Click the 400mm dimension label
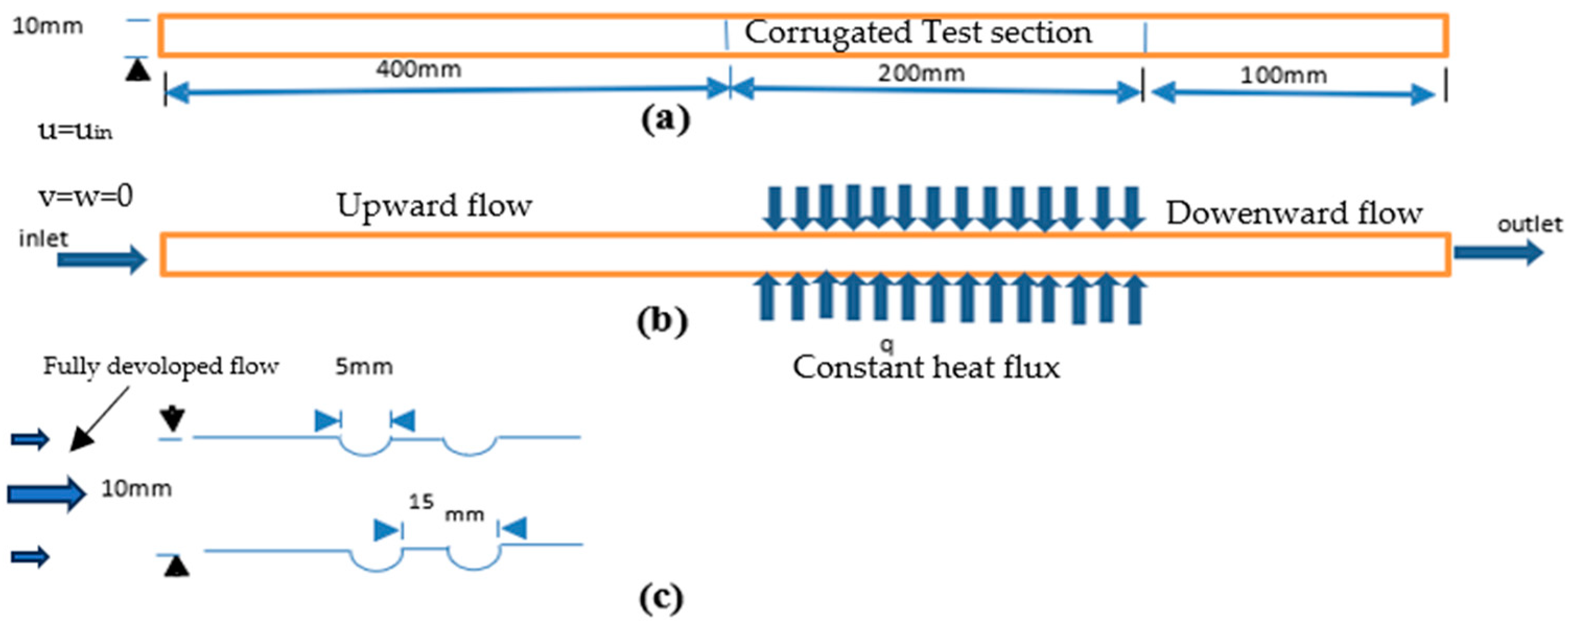tap(418, 69)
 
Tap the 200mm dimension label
tap(921, 73)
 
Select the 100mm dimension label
tap(1284, 75)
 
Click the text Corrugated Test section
tap(918, 33)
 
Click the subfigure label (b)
tap(662, 321)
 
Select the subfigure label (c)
tap(661, 598)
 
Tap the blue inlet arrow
tap(102, 260)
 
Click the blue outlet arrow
tap(1499, 252)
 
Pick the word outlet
tap(1530, 225)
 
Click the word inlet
tap(43, 238)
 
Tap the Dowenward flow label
tap(1295, 214)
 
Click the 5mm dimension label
tap(364, 367)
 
